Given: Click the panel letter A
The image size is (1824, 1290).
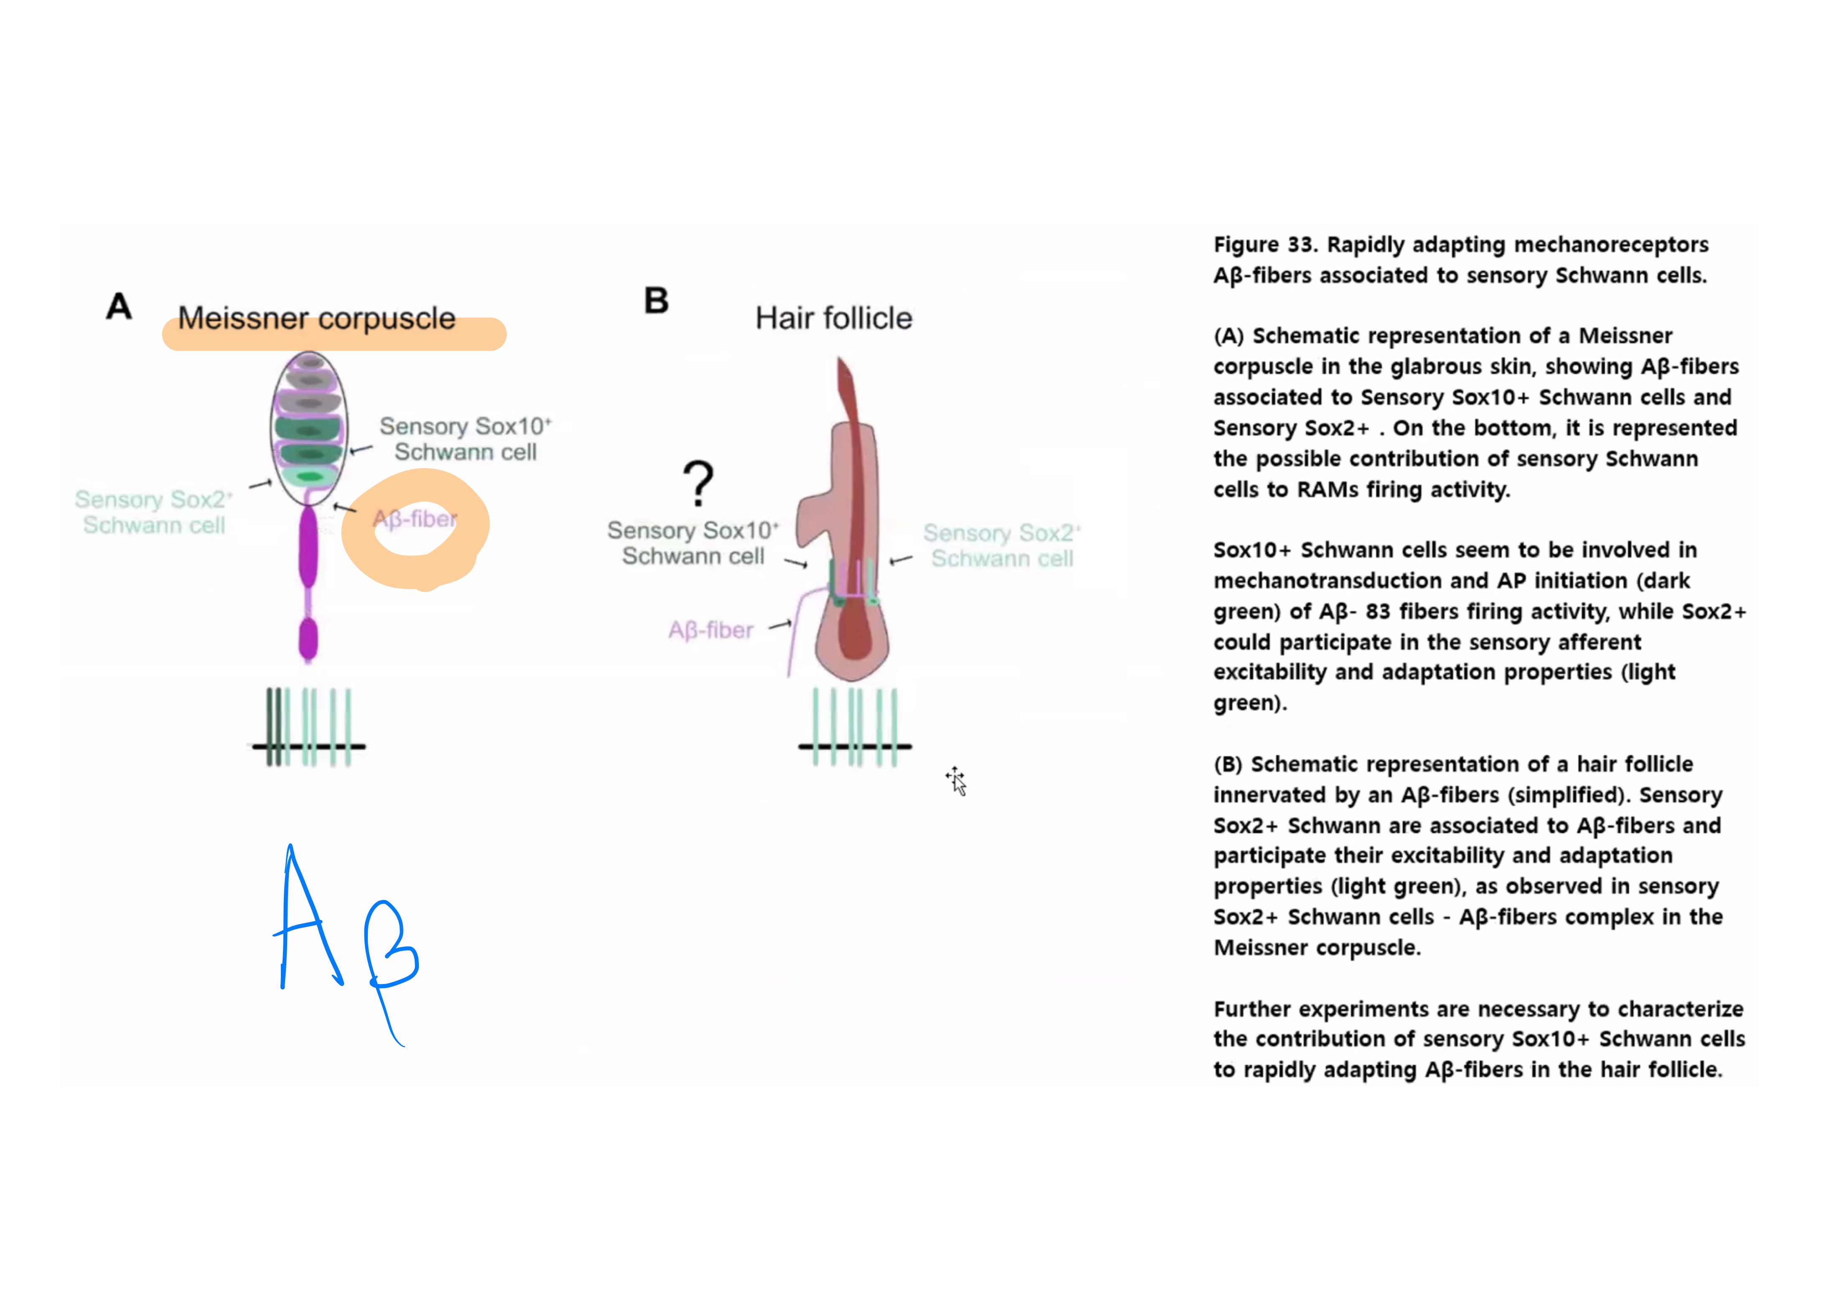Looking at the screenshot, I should [119, 306].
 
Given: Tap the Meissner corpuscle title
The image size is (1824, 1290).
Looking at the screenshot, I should [316, 319].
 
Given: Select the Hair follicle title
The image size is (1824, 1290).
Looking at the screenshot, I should [833, 319].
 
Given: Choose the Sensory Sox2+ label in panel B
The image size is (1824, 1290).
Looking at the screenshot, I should [1002, 546].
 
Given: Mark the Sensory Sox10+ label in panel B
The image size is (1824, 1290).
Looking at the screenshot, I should [693, 543].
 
